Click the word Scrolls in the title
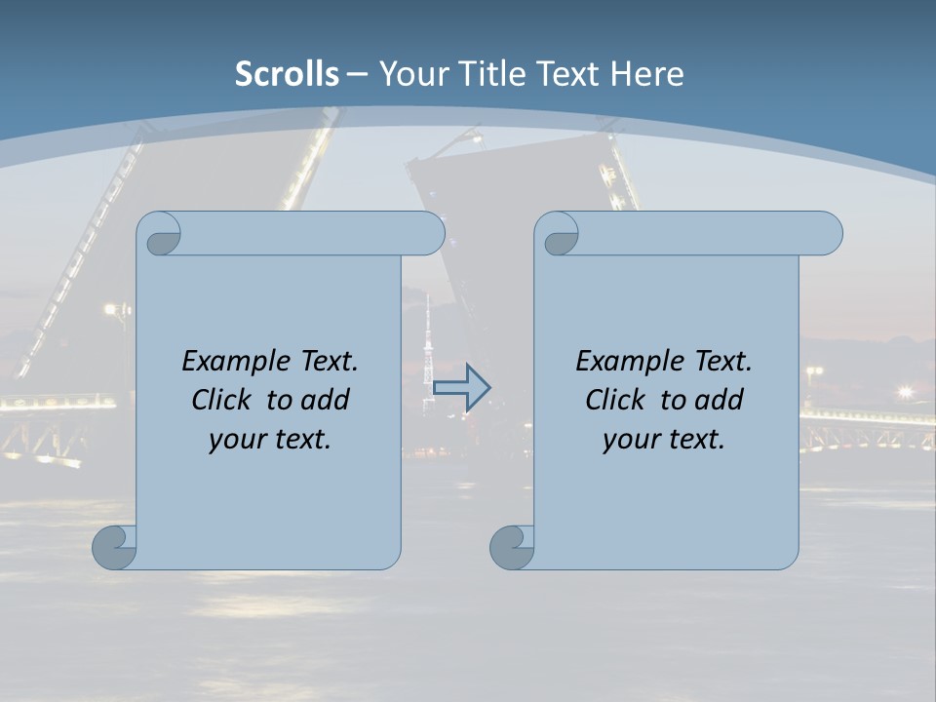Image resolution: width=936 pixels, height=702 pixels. [287, 74]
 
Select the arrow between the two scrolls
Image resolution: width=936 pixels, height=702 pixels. [461, 387]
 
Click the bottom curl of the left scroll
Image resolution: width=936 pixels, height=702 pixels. [114, 547]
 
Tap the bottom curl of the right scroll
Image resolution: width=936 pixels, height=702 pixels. [512, 547]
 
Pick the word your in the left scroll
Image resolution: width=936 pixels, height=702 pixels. [235, 440]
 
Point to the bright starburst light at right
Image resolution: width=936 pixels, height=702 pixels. [906, 392]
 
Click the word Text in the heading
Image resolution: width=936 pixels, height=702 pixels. [570, 74]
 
